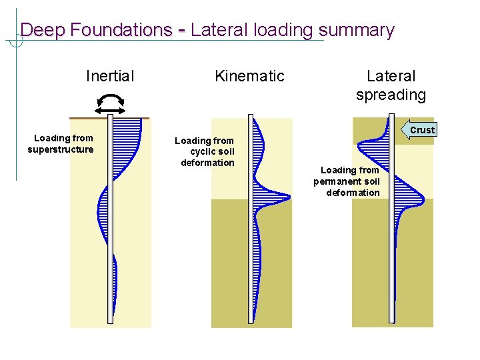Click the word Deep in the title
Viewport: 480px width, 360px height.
[40, 30]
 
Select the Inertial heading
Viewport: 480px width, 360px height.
[110, 76]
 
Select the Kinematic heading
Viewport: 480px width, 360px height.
[249, 76]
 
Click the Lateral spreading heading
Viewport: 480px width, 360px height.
[391, 85]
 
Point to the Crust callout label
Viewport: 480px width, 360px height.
[421, 130]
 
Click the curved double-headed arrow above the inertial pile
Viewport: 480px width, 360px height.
[111, 103]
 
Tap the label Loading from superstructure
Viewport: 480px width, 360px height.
[61, 143]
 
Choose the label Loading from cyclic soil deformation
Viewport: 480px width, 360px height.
[205, 151]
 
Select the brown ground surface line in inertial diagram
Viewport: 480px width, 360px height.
[87, 118]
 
